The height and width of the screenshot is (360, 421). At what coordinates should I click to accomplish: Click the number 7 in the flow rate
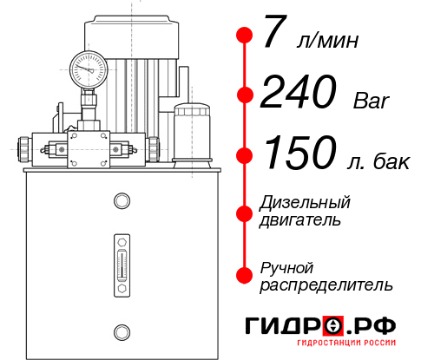click(275, 36)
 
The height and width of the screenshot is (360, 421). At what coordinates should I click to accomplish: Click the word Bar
click(372, 101)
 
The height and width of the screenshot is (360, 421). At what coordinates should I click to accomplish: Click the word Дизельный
click(306, 204)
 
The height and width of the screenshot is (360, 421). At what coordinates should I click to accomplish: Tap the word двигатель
click(300, 220)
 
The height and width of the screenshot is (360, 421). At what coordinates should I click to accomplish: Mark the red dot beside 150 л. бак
click(245, 155)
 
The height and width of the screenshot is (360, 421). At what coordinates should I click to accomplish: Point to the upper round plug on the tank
click(121, 200)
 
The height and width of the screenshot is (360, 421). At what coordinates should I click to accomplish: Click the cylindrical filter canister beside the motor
click(192, 133)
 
